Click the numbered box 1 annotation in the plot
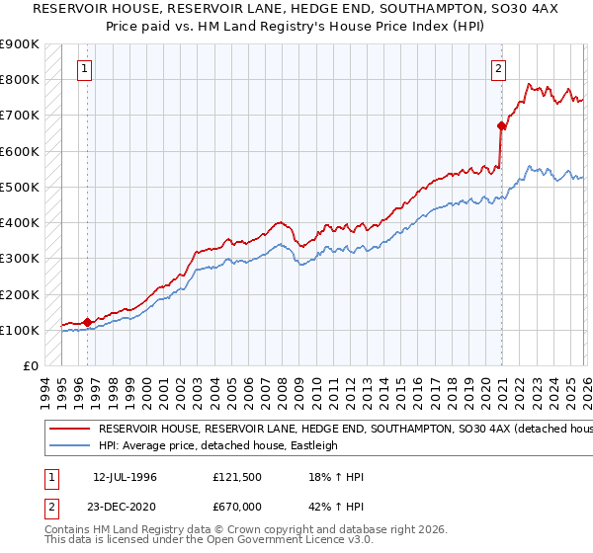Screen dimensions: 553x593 click(86, 69)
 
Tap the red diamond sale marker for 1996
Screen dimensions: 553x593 click(88, 321)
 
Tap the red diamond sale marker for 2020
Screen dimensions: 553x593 click(501, 125)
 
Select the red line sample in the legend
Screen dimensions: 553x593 click(69, 430)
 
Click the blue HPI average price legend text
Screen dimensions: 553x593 click(217, 445)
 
